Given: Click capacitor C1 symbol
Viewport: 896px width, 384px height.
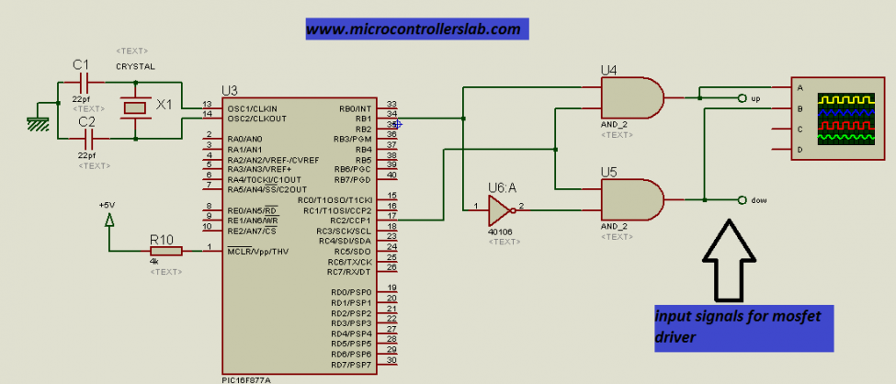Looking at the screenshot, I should [x=87, y=81].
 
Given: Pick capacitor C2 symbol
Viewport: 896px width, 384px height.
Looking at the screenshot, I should [x=88, y=138].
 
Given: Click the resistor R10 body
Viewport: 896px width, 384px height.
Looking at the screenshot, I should [x=165, y=250].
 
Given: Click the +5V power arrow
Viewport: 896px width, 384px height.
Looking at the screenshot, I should [x=109, y=220].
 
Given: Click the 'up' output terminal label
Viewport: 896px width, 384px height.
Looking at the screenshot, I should [x=755, y=97].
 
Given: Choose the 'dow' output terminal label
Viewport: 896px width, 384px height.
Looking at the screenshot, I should [x=758, y=199].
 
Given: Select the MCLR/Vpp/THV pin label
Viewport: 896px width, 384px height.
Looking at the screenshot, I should [x=257, y=251].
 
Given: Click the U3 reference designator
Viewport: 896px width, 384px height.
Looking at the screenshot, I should [x=229, y=90].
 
